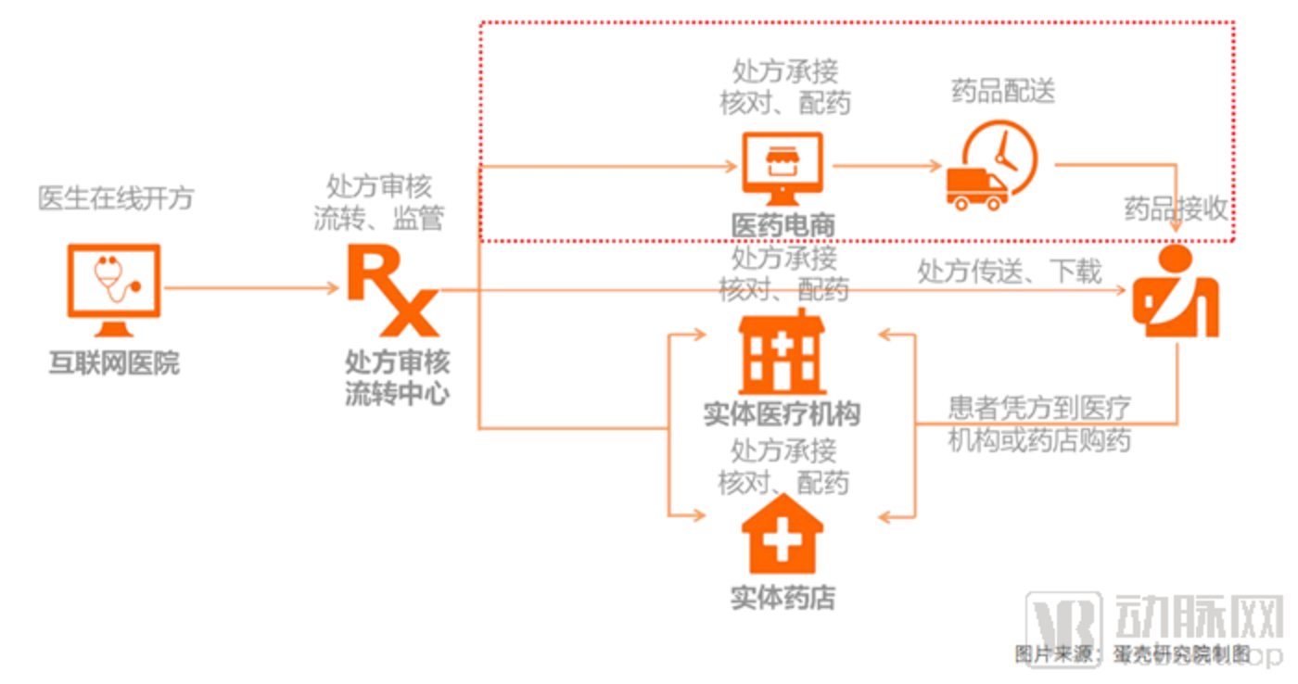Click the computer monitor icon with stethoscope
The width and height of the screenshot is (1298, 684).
pos(114,287)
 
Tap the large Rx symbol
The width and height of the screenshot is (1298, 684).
pos(391,289)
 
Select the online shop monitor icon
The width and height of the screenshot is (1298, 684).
pos(783,167)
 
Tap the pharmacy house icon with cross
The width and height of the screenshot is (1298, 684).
pos(782,536)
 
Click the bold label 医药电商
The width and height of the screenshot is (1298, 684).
pos(783,225)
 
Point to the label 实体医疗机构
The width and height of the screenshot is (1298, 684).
pos(782,414)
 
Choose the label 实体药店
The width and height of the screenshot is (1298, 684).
pos(782,598)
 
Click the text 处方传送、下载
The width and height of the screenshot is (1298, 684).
pos(1010,272)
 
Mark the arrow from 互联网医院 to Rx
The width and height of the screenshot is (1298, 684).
pos(250,288)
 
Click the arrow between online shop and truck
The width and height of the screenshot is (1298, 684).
pos(886,167)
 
